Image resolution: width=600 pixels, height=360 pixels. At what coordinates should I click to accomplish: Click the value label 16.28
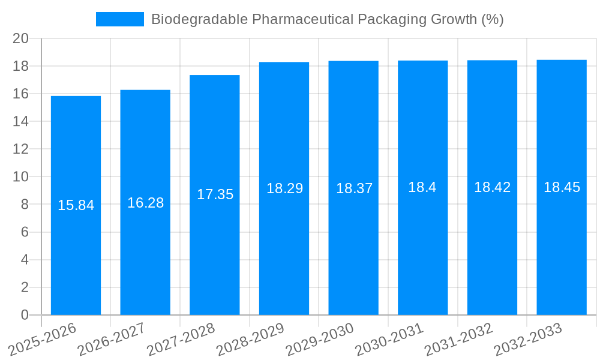[145, 203]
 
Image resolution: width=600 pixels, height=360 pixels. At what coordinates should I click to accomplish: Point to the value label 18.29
[284, 188]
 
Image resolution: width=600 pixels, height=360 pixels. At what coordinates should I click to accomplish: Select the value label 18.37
[354, 188]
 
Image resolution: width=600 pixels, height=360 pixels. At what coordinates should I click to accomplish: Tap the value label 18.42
[492, 187]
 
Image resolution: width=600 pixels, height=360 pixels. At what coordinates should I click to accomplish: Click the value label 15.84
[76, 205]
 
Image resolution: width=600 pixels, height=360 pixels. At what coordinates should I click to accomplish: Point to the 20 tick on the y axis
[21, 38]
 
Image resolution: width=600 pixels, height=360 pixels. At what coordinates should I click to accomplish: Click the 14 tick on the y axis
[21, 121]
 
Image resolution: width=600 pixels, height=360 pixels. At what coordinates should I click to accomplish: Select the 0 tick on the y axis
[25, 315]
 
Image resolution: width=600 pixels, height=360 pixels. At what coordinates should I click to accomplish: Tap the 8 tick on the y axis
[25, 205]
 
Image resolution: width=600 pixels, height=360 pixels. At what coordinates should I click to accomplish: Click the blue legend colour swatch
[120, 19]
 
